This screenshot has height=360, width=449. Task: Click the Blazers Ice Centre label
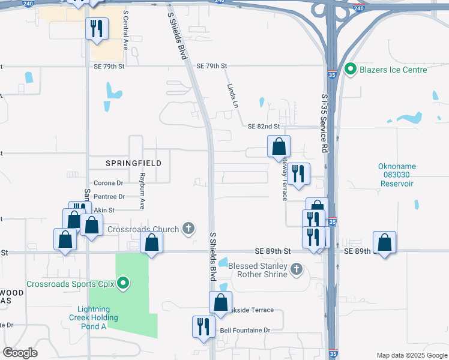point(393,70)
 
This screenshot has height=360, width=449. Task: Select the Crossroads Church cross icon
point(188,228)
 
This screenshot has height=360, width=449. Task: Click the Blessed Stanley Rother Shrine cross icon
point(296,269)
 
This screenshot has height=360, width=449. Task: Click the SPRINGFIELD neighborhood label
point(126,163)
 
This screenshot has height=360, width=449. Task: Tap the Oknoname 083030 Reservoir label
point(397,175)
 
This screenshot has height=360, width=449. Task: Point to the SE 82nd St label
point(264,127)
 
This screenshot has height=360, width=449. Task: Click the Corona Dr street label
point(108,183)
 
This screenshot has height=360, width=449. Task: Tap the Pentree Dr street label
point(109,196)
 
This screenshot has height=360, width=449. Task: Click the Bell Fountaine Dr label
point(246,330)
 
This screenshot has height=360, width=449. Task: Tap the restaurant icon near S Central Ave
point(96,28)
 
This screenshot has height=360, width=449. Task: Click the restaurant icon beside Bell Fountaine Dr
point(203,326)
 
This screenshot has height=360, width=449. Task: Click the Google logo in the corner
point(20,353)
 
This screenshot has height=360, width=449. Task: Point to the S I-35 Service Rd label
point(324,124)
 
